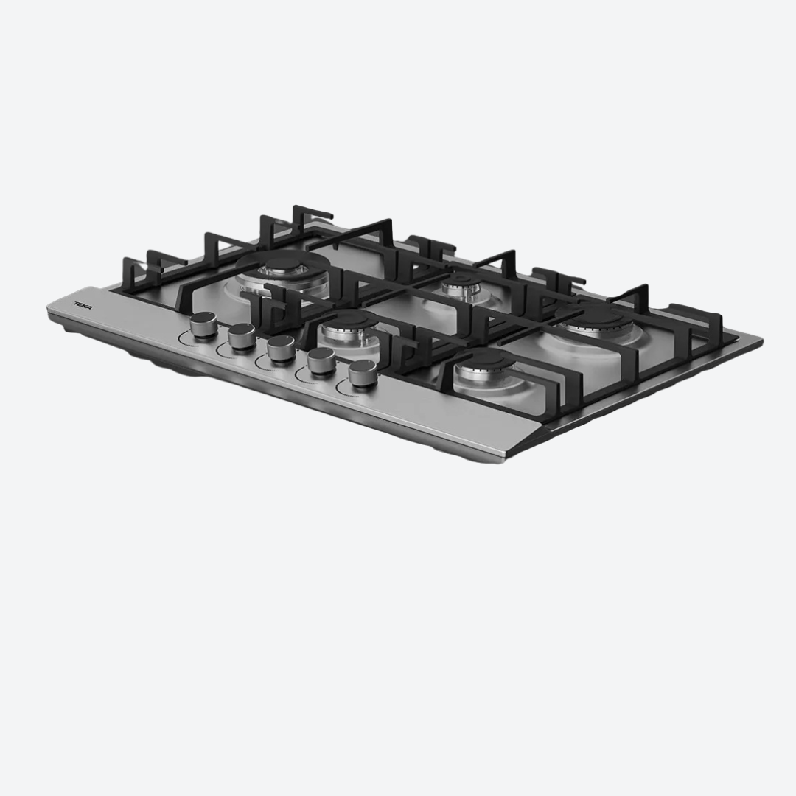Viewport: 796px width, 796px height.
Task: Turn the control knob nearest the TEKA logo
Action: (203, 326)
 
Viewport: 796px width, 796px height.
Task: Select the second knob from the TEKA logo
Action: (242, 336)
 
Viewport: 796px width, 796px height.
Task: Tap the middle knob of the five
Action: (281, 348)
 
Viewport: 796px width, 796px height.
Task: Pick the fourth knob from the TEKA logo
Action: (321, 361)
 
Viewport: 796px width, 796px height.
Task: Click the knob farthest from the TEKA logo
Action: (363, 374)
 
